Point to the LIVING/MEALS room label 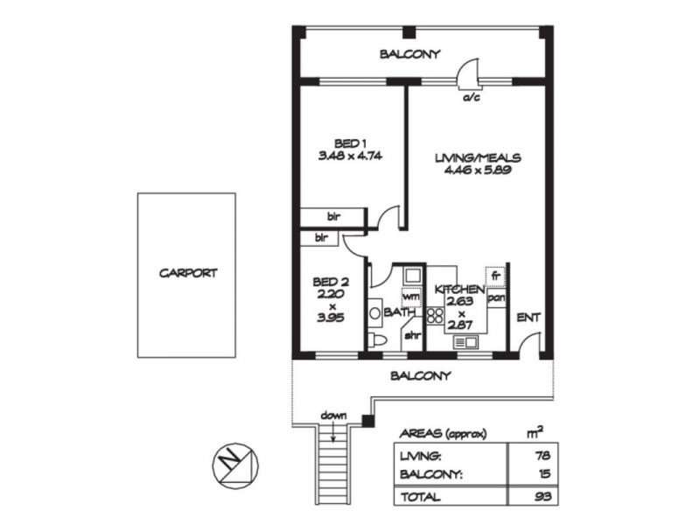point(479,158)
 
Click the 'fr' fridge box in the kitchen point(495,275)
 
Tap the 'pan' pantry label point(495,297)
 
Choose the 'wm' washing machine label point(411,297)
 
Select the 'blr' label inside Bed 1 point(333,216)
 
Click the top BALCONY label point(409,54)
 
